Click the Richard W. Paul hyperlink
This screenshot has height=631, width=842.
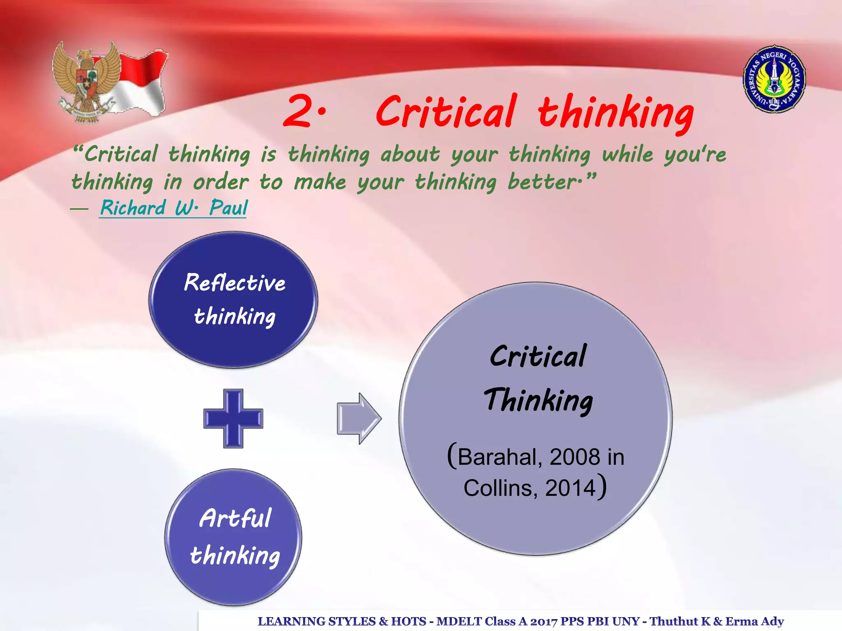(173, 207)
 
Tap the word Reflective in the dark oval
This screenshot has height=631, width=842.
(234, 283)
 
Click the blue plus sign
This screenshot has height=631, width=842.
(233, 418)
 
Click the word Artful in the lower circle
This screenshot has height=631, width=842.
(235, 518)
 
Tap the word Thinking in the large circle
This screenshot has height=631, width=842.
(538, 400)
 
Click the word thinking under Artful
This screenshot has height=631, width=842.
(235, 555)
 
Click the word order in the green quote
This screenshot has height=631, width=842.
(221, 182)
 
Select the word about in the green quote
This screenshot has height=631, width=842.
(410, 154)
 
